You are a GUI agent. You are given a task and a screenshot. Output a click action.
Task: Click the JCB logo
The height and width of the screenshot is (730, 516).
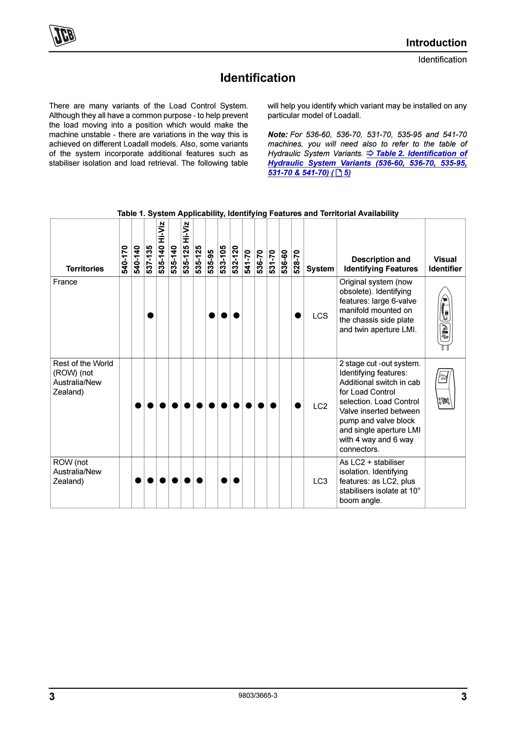pos(62,36)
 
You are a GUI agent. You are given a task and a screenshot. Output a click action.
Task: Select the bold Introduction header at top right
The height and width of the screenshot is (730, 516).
pos(436,43)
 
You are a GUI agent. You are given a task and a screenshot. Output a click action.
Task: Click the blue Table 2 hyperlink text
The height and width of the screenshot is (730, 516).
pos(367,163)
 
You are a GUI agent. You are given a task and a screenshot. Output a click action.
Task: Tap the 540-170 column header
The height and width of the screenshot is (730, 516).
pos(125,259)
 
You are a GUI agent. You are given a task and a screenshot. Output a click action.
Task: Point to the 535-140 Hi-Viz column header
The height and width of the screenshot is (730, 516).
pos(162,247)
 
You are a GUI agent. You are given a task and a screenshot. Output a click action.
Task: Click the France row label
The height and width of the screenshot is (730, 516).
pos(65,282)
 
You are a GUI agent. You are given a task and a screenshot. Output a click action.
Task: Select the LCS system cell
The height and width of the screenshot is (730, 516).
pos(320,316)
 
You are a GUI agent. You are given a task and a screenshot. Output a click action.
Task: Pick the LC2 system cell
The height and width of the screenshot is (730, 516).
pos(320,406)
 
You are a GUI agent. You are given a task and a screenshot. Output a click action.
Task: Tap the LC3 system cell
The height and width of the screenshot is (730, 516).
pos(320,481)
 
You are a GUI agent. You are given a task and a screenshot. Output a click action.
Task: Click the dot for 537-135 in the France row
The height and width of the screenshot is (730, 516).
pos(150,315)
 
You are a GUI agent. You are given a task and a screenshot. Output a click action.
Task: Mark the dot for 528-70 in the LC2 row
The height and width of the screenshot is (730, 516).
pos(298,405)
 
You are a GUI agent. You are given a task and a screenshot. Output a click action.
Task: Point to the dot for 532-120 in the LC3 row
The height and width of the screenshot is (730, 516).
pos(236,480)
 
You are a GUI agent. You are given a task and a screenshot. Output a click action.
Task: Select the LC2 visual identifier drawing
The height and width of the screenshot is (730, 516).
pos(445,389)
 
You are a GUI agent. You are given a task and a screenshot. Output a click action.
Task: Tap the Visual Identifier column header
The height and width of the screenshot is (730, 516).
pos(445,264)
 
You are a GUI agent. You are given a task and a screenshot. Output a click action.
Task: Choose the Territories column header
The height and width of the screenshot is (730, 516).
pos(85,269)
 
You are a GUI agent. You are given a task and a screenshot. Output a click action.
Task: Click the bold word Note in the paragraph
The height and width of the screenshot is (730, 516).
pos(277,135)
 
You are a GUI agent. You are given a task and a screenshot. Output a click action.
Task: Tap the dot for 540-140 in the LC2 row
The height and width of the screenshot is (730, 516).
pos(138,405)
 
